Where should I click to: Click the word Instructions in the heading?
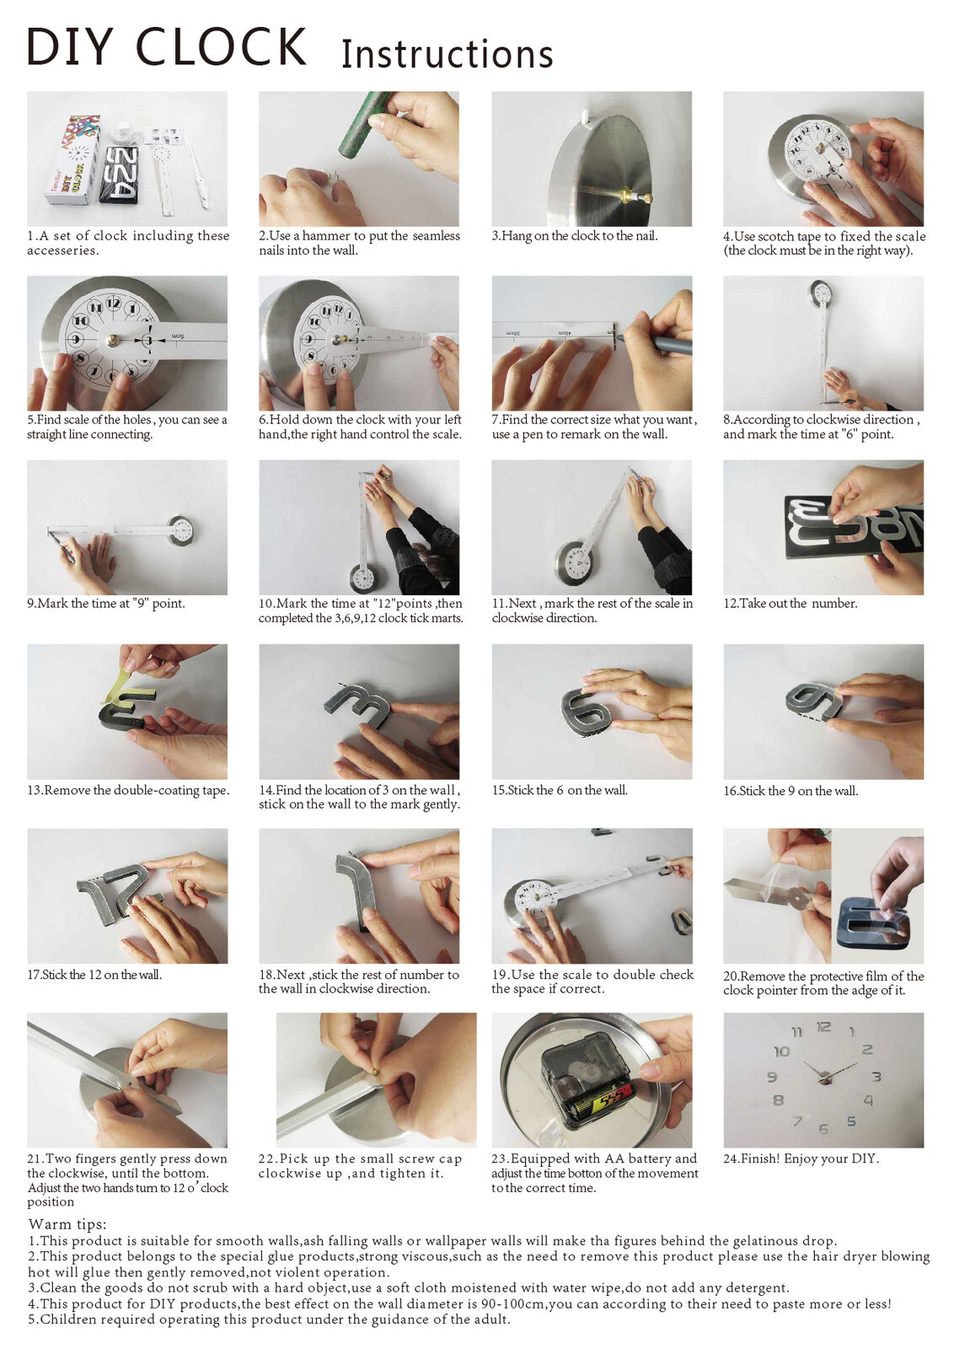tap(447, 55)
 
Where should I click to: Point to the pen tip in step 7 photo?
tap(621, 338)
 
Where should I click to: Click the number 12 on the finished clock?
tap(823, 1027)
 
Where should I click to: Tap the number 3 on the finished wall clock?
tap(876, 1077)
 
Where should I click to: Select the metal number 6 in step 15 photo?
tap(586, 712)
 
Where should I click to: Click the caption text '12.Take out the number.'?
tap(790, 604)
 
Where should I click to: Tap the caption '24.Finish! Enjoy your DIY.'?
tap(801, 1158)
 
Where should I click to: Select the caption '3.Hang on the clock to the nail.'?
tap(574, 236)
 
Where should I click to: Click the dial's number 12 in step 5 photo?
tap(112, 303)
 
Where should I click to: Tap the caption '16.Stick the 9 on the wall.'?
tap(790, 791)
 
